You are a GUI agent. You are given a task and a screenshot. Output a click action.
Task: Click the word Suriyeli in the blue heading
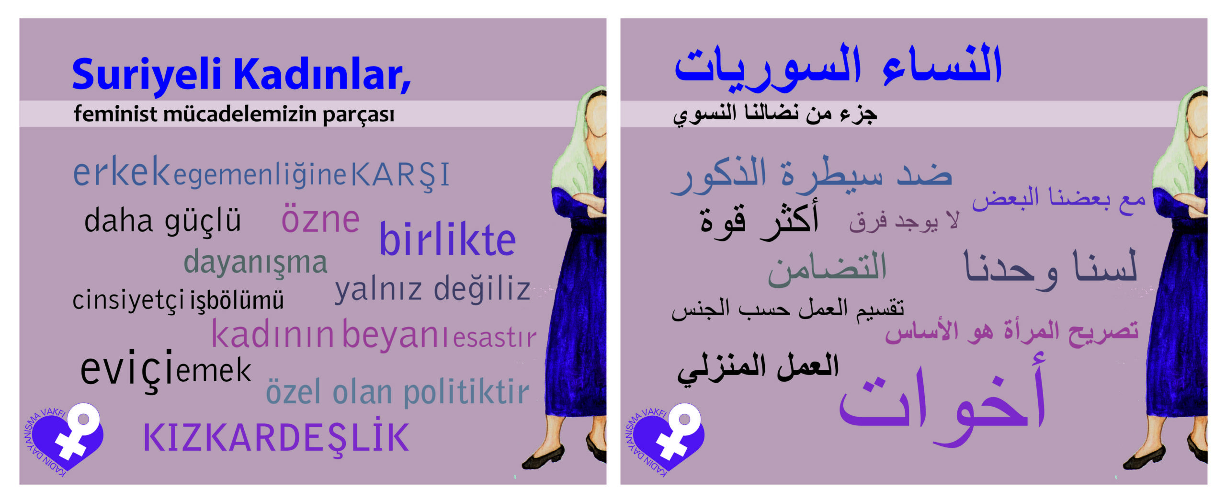(x=147, y=74)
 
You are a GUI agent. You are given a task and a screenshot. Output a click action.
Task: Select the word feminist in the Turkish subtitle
(x=115, y=114)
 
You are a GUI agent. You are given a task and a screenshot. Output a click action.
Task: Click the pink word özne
(x=320, y=219)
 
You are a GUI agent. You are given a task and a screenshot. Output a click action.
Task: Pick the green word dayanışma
(x=256, y=263)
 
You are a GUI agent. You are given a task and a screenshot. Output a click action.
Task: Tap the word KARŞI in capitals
(x=401, y=175)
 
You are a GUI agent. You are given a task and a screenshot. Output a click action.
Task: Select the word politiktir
(x=466, y=391)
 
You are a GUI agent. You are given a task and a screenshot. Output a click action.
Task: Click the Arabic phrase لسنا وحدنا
(x=1050, y=269)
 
